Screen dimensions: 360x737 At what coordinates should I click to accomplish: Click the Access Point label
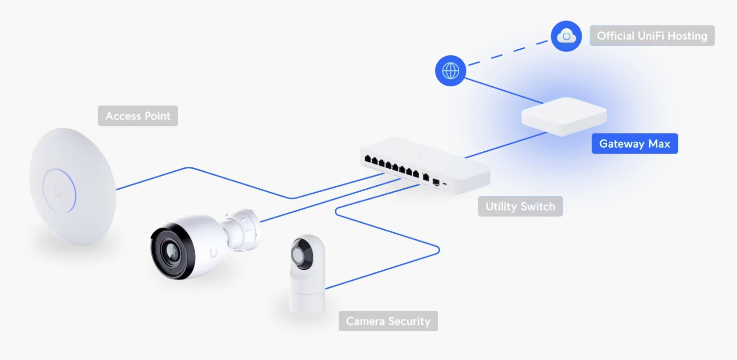click(138, 116)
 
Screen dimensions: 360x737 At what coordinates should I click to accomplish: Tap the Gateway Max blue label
click(635, 144)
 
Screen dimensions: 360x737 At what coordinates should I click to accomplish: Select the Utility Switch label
click(520, 206)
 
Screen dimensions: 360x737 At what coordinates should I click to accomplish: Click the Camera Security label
click(388, 321)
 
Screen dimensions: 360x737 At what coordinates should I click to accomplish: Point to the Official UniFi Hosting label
click(652, 36)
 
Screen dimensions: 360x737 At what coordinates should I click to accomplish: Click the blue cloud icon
click(566, 36)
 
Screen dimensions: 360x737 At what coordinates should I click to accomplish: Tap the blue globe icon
click(450, 71)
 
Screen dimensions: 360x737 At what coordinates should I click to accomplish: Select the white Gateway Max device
click(564, 116)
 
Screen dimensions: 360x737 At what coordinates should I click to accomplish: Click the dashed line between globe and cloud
click(508, 53)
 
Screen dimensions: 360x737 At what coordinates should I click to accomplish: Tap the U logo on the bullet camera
click(213, 253)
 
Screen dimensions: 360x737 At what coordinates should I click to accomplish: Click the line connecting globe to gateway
click(503, 90)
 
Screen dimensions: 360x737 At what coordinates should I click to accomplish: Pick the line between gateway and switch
click(505, 145)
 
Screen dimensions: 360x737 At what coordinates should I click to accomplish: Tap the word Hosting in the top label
click(687, 36)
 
